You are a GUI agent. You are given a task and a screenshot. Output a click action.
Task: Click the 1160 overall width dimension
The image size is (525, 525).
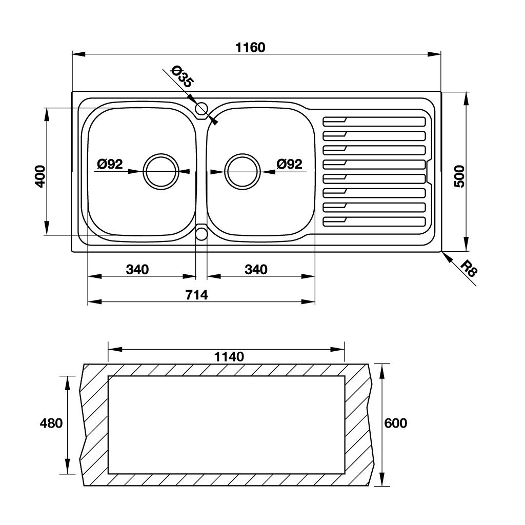(251, 48)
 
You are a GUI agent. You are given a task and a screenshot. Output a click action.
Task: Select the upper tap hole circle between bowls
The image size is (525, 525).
(201, 108)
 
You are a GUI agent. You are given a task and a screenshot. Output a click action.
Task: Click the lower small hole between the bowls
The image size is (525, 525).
(201, 234)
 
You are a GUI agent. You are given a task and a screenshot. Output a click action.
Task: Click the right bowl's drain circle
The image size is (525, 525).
(243, 172)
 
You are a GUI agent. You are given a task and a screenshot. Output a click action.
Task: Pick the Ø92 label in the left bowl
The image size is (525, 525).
(110, 165)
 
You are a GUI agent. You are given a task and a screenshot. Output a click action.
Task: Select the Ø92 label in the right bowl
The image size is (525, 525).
(289, 165)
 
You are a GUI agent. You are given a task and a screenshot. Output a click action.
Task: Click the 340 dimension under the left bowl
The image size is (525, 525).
(137, 270)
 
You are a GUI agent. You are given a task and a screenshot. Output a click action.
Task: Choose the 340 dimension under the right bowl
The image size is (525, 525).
(256, 270)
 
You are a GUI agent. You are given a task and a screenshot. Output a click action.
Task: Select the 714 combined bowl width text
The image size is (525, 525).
(196, 295)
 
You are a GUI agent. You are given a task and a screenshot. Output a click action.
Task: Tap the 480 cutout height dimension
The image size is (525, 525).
(51, 423)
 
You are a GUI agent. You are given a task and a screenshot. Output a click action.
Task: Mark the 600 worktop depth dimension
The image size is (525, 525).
(396, 423)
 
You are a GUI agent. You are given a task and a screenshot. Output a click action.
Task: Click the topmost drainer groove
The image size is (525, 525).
(374, 121)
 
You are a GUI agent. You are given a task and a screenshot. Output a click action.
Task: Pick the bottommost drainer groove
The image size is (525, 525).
(374, 222)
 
